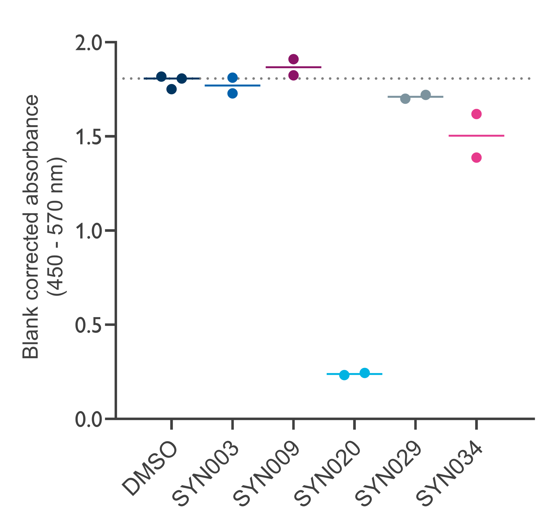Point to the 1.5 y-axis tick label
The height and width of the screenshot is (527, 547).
[88, 137]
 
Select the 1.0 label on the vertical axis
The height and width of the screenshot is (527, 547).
[88, 231]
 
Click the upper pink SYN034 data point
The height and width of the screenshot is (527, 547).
[476, 114]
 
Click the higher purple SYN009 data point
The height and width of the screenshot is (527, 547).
[294, 59]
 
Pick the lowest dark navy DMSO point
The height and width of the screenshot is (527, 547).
[172, 89]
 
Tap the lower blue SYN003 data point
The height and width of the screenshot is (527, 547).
[232, 93]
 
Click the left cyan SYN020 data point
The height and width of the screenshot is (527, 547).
[344, 375]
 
